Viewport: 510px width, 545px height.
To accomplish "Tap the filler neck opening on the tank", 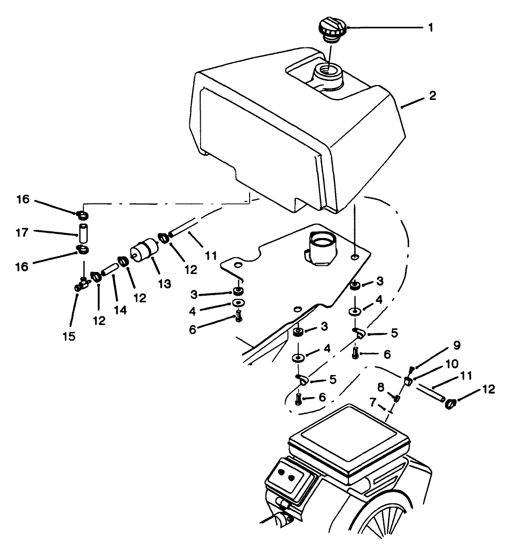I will coord(328,72).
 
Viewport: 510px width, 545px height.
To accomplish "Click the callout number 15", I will coord(69,336).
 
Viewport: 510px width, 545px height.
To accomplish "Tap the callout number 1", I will coord(431,27).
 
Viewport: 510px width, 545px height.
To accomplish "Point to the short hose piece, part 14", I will coord(109,269).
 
